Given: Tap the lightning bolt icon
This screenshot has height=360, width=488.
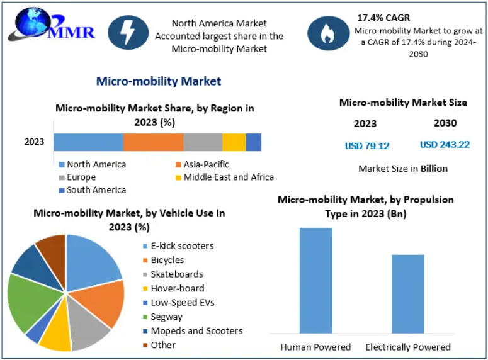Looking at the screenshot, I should click(128, 32).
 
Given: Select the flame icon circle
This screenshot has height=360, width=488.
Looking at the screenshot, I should click(327, 32).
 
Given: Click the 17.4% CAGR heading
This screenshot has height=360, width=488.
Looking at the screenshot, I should click(383, 18).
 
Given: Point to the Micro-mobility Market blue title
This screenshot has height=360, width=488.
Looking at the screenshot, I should click(158, 81).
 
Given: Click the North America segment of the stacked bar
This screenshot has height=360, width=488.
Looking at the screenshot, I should click(88, 142).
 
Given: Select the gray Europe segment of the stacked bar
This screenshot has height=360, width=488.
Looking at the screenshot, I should click(203, 142).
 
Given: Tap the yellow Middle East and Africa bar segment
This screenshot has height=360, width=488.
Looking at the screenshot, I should click(234, 142).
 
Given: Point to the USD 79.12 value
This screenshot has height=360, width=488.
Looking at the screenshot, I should click(367, 146).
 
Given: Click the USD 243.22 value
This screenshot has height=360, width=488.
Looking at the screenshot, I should click(445, 145).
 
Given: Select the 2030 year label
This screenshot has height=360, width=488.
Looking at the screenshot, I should click(445, 123).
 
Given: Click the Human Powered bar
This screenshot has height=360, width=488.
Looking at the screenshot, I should click(315, 280).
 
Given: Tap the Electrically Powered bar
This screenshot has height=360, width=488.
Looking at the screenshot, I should click(407, 293).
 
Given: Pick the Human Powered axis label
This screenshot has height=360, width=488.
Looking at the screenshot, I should click(315, 347).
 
